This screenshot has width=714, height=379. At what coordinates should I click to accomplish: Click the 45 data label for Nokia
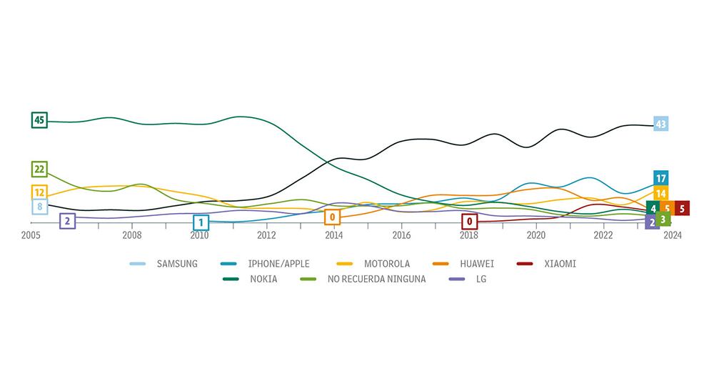pos(39,120)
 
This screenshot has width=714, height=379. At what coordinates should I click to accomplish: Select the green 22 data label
pos(39,169)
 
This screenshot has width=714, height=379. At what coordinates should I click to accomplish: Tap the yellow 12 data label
pos(39,192)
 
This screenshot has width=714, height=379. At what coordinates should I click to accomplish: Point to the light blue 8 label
pos(39,207)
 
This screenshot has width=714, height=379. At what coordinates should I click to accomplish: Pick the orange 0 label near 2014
pos(332,217)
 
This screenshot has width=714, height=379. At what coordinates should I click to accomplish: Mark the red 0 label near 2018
pos(469,222)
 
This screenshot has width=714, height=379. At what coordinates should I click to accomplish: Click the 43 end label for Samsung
pos(660,124)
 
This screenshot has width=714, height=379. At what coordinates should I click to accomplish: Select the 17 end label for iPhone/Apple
pos(660,178)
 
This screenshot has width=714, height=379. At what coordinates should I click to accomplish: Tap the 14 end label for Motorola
pos(660,194)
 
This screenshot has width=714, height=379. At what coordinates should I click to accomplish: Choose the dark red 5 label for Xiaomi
pos(682,209)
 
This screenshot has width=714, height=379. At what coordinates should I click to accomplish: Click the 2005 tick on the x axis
pos(31,235)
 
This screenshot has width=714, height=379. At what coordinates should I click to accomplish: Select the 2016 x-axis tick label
pos(401,235)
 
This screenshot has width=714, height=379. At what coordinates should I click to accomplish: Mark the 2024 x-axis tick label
pos(672,235)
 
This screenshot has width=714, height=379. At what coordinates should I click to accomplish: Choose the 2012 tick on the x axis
pos(266,235)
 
